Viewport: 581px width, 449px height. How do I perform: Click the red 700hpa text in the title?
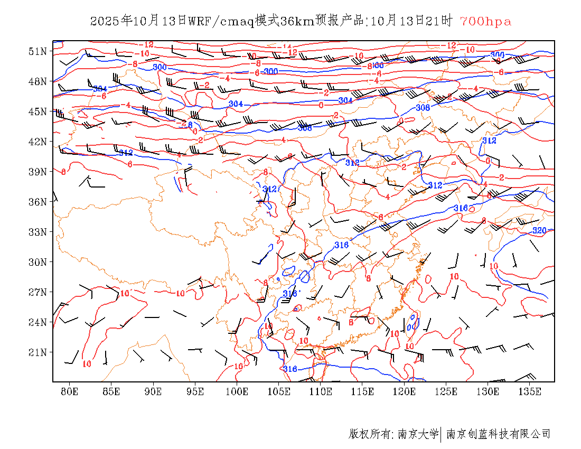[485, 22]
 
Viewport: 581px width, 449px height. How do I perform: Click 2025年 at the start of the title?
[111, 22]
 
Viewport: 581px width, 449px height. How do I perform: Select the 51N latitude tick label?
[38, 51]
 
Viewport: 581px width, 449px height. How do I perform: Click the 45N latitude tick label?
[38, 111]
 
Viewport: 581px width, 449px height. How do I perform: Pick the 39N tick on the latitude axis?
[38, 172]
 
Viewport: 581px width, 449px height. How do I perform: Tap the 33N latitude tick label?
[38, 232]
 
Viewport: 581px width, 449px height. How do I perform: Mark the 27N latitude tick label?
[38, 292]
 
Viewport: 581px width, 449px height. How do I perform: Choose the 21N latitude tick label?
[38, 352]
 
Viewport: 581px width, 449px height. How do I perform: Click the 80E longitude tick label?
[69, 391]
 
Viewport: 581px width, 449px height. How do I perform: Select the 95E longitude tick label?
[195, 391]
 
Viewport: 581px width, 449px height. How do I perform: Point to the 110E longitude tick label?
[321, 391]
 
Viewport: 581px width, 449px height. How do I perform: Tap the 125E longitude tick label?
[446, 391]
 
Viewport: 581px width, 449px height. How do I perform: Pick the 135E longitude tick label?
[530, 391]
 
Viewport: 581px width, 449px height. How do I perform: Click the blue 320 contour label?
[539, 231]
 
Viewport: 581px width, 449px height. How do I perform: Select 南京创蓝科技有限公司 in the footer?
[498, 434]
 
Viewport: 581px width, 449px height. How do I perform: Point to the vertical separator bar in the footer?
[441, 434]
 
